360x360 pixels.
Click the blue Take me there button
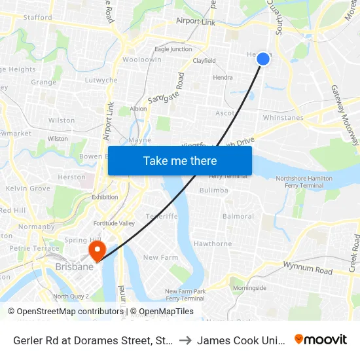[x=180, y=160]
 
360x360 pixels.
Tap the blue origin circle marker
[x=263, y=59]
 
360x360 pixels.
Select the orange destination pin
[x=98, y=251]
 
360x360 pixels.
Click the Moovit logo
[x=321, y=339]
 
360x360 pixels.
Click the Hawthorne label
[x=213, y=243]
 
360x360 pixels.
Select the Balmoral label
[x=238, y=216]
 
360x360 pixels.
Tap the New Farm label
[x=160, y=257]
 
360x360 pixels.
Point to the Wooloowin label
[x=142, y=60]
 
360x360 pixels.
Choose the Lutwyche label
[x=101, y=81]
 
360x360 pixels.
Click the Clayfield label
[x=204, y=61]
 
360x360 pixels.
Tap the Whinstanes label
[x=283, y=118]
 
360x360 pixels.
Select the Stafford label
[x=37, y=18]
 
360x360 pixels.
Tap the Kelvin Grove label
[x=27, y=189]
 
